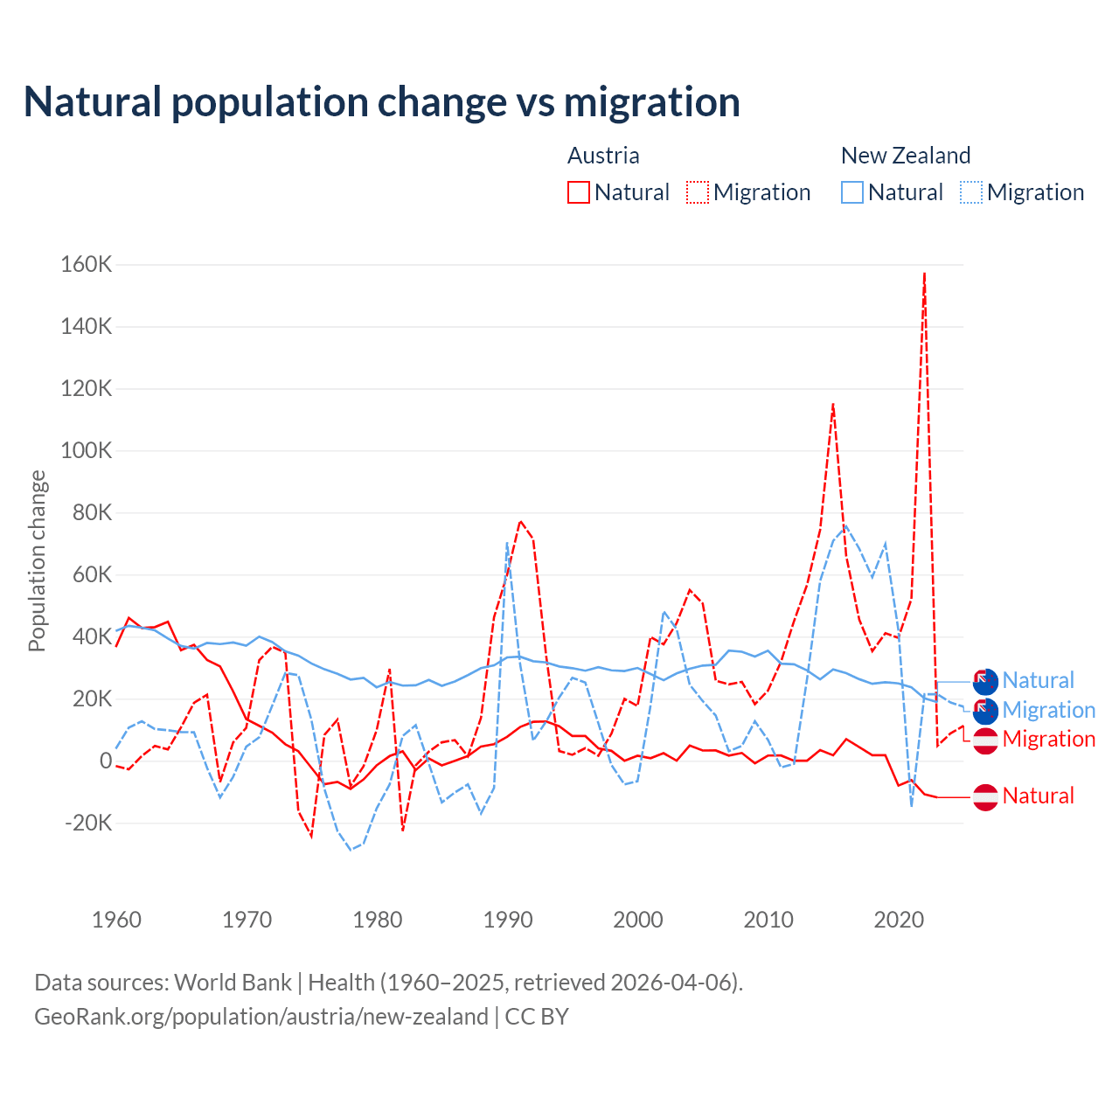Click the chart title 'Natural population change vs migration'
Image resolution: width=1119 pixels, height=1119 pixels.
[x=382, y=102]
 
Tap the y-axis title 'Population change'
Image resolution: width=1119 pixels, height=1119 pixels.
[x=37, y=560]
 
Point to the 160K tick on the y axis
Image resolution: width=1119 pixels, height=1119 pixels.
[x=87, y=264]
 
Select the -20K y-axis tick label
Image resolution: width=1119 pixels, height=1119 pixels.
[x=89, y=824]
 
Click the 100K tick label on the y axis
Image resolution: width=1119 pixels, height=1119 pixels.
[x=87, y=451]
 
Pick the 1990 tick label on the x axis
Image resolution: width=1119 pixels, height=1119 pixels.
[x=508, y=920]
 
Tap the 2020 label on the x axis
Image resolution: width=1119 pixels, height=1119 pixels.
[x=899, y=920]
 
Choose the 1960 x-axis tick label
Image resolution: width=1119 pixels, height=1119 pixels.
[x=116, y=920]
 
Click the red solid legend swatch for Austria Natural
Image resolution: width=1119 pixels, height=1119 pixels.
[x=579, y=192]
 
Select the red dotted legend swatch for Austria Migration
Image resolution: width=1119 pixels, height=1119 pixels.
[x=698, y=192]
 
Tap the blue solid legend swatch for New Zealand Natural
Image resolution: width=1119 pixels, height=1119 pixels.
[x=852, y=192]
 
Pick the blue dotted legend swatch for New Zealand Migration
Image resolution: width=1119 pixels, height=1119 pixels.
[x=971, y=192]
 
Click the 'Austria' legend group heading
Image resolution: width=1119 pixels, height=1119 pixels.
[x=603, y=156]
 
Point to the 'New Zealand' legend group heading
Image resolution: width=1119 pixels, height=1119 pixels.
[x=906, y=156]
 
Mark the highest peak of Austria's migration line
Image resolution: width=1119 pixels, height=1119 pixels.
[x=924, y=274]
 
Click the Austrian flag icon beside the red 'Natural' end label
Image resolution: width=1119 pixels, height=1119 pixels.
[x=985, y=797]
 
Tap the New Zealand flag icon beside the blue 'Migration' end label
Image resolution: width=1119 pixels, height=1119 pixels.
[x=985, y=711]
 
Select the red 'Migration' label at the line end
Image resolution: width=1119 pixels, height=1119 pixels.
[x=1049, y=740]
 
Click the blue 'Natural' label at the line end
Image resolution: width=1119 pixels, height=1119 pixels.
[x=1039, y=681]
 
